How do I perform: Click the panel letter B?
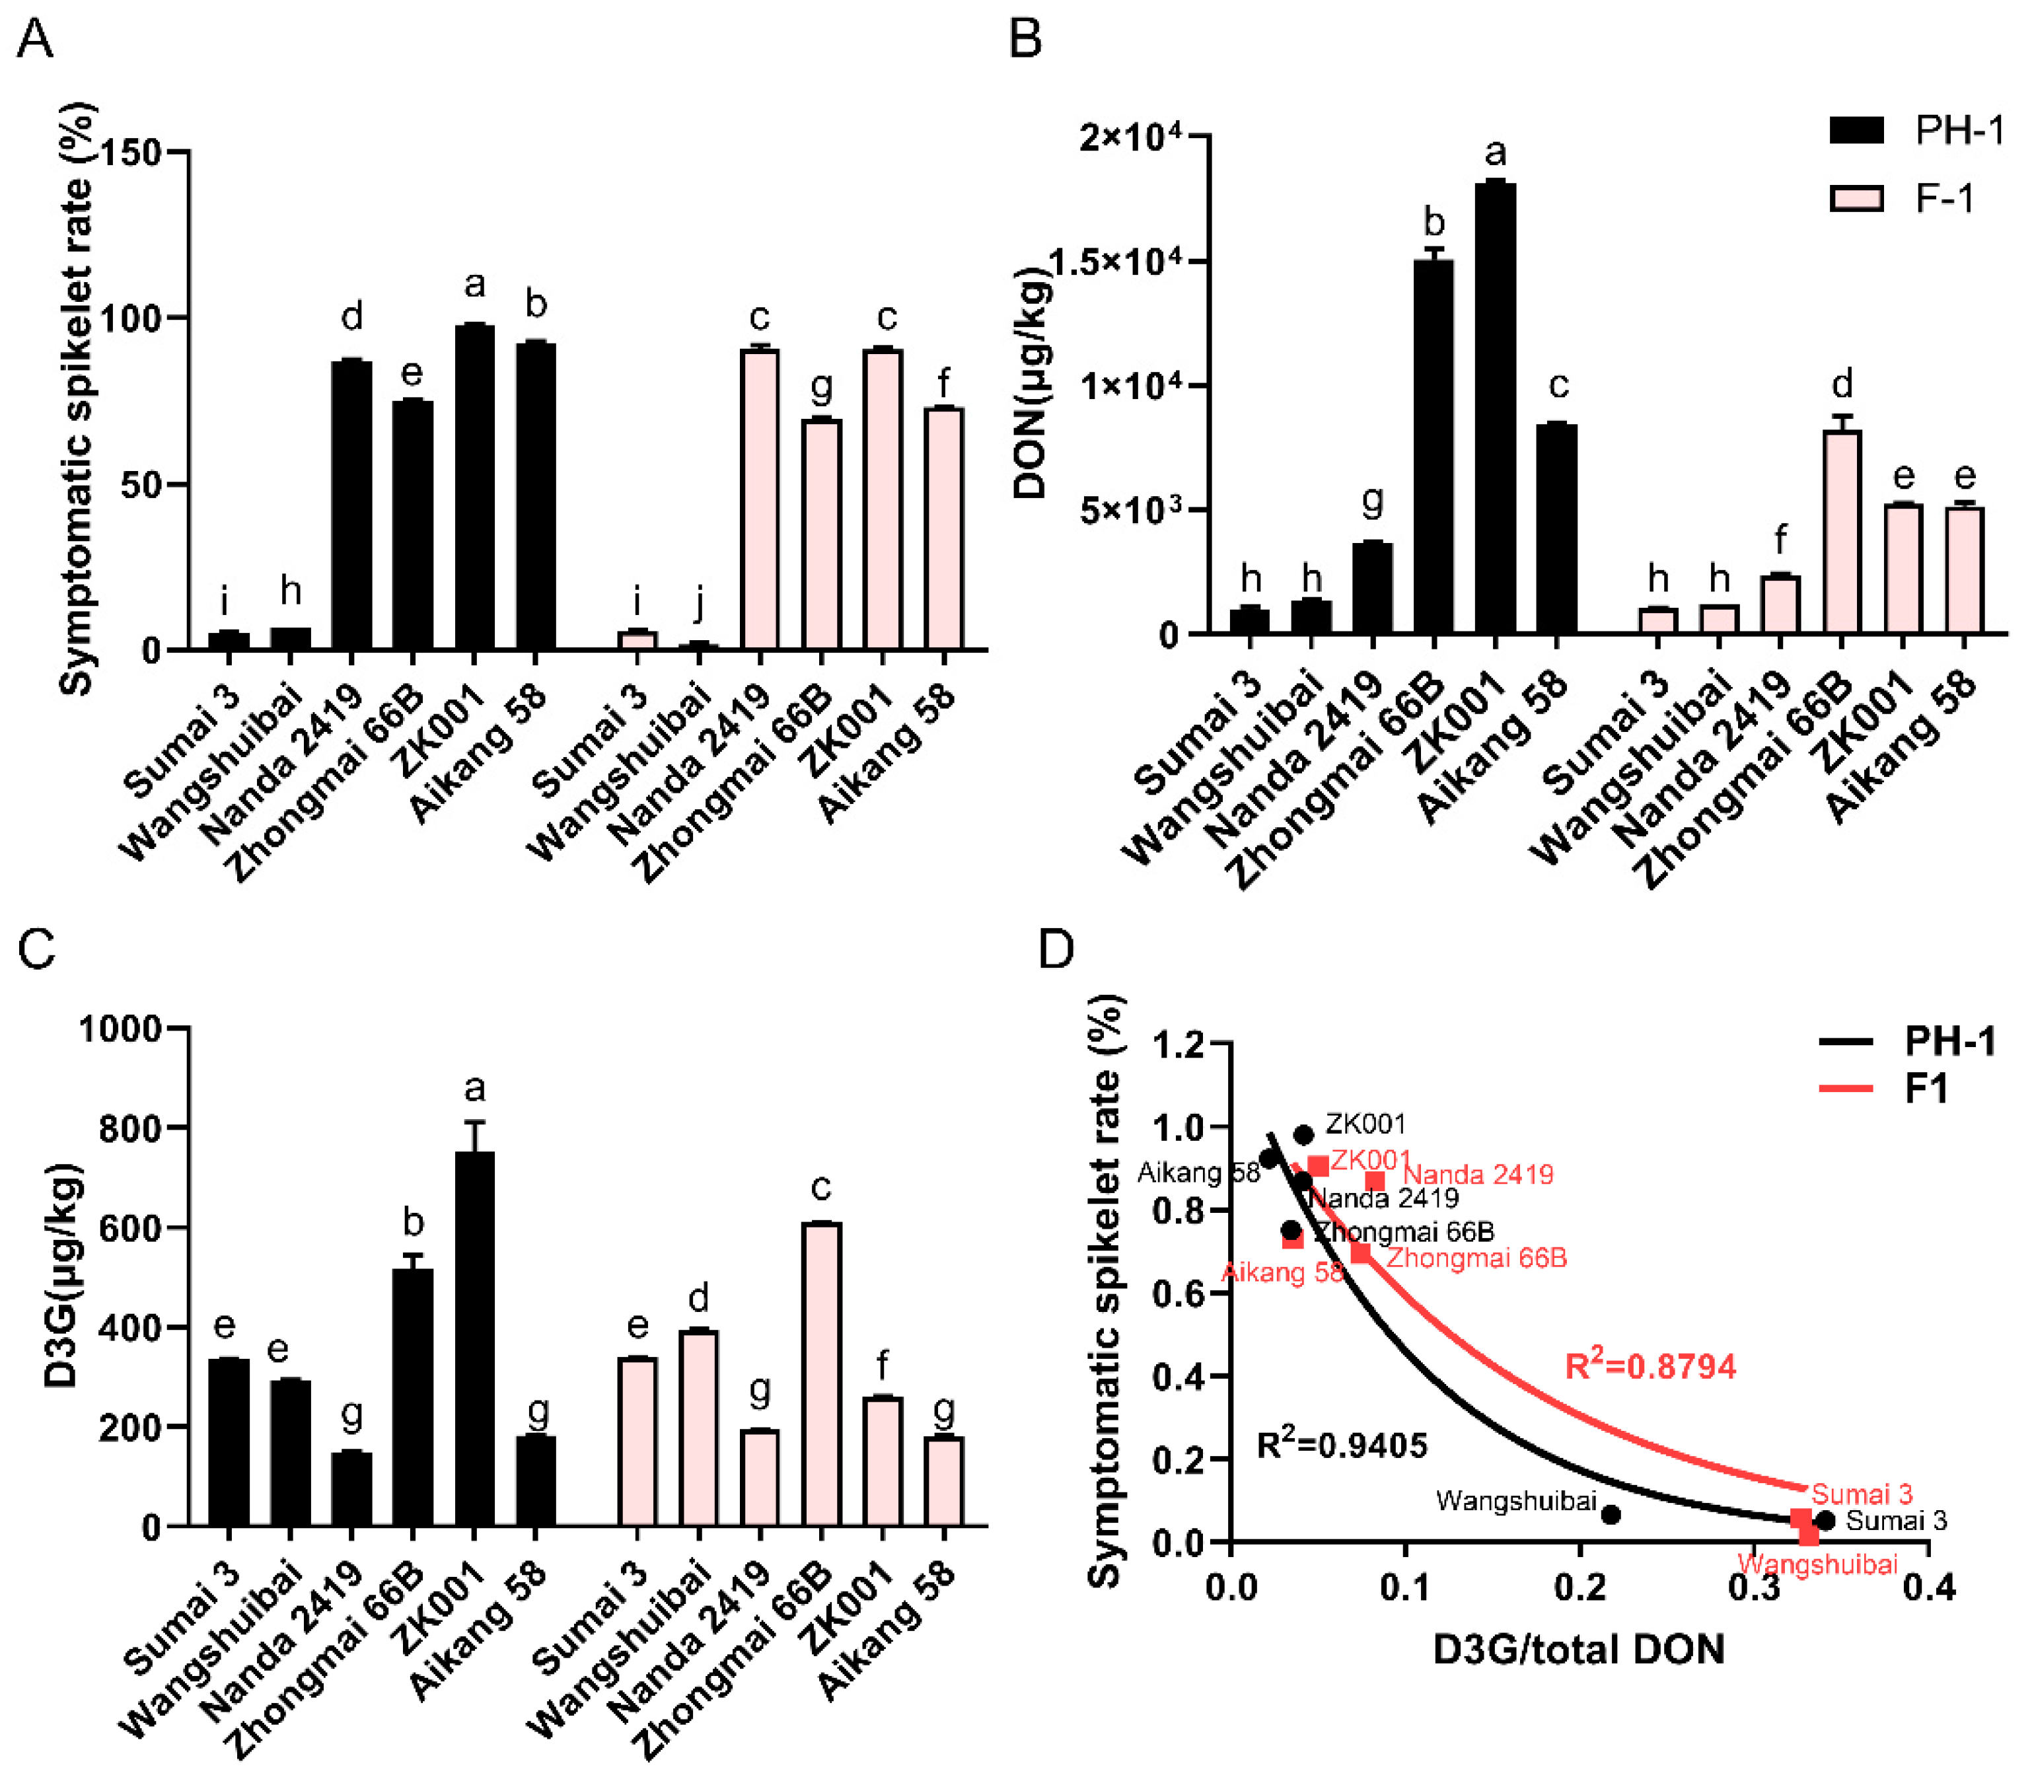coord(1026,40)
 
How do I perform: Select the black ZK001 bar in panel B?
coord(1495,408)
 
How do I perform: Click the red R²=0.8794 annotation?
coord(1650,1366)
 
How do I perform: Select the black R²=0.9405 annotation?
coord(1342,1445)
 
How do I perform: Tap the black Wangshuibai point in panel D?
coord(1611,1514)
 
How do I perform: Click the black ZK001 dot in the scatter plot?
coord(1303,1134)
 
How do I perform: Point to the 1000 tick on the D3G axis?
coord(120,1029)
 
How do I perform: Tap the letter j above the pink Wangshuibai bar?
coord(700,602)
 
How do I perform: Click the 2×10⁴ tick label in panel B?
coord(1132,135)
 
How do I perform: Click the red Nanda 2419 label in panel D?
coord(1478,1175)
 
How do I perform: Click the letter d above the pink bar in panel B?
coord(1842,383)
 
